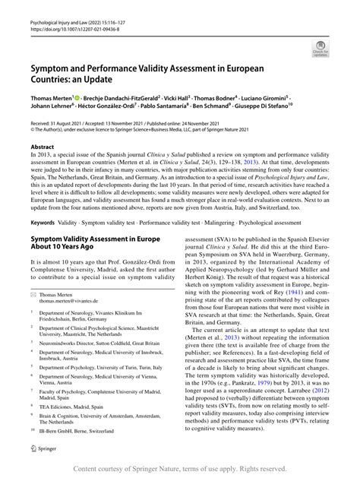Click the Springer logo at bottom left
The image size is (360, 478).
coord(43,451)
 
